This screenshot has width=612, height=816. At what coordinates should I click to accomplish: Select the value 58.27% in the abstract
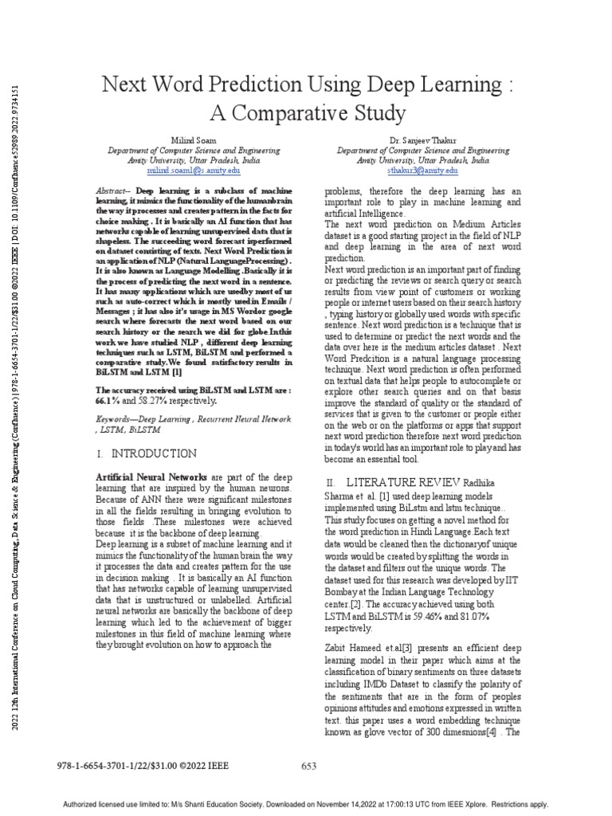pyautogui.click(x=147, y=402)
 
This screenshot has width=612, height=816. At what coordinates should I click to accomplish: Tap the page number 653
pyautogui.click(x=309, y=767)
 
